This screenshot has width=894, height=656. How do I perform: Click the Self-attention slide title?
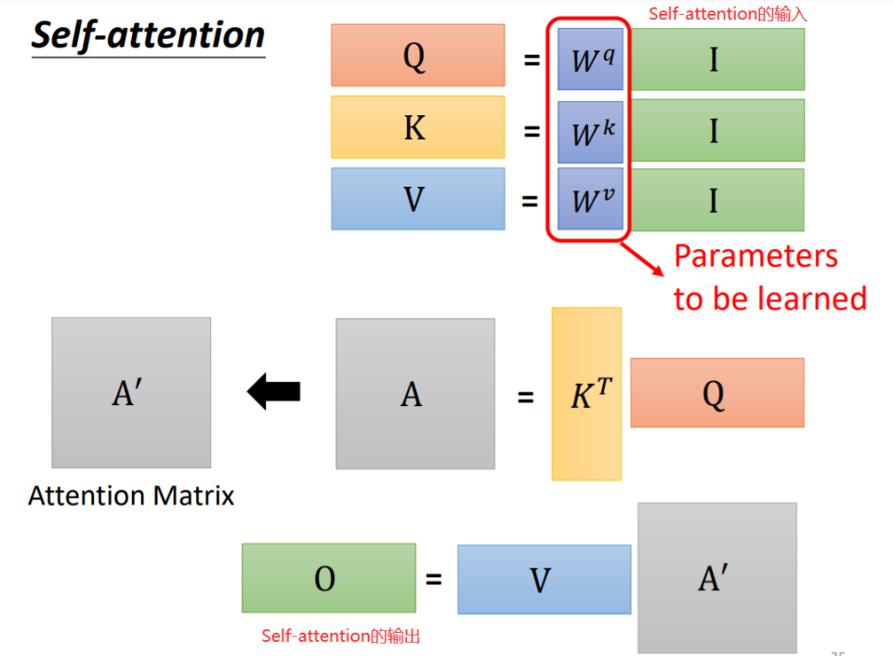pos(149,35)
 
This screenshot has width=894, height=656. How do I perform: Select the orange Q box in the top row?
pos(417,56)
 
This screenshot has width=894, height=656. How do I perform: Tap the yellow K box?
pos(417,127)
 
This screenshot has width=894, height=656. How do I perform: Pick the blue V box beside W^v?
pos(417,199)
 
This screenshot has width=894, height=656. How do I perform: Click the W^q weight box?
pos(590,59)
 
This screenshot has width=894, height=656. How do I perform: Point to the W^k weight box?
pos(590,131)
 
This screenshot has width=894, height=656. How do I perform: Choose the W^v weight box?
pos(590,199)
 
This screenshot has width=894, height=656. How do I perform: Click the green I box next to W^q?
pos(714,59)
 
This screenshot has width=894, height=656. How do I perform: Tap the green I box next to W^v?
pos(714,199)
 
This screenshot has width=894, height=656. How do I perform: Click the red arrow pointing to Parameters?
pos(644,256)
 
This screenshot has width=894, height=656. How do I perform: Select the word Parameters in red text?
pos(756,256)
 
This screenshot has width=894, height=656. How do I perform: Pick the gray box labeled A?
pos(414,394)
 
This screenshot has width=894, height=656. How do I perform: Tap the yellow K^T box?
pos(586,395)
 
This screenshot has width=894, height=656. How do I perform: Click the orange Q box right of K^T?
pos(717,393)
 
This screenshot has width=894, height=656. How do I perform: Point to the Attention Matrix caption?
pos(131,496)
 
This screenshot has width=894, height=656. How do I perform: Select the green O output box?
pos(328,578)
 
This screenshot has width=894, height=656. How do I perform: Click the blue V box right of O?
pos(544,579)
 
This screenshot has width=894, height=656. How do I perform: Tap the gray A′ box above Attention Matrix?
pos(131,393)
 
